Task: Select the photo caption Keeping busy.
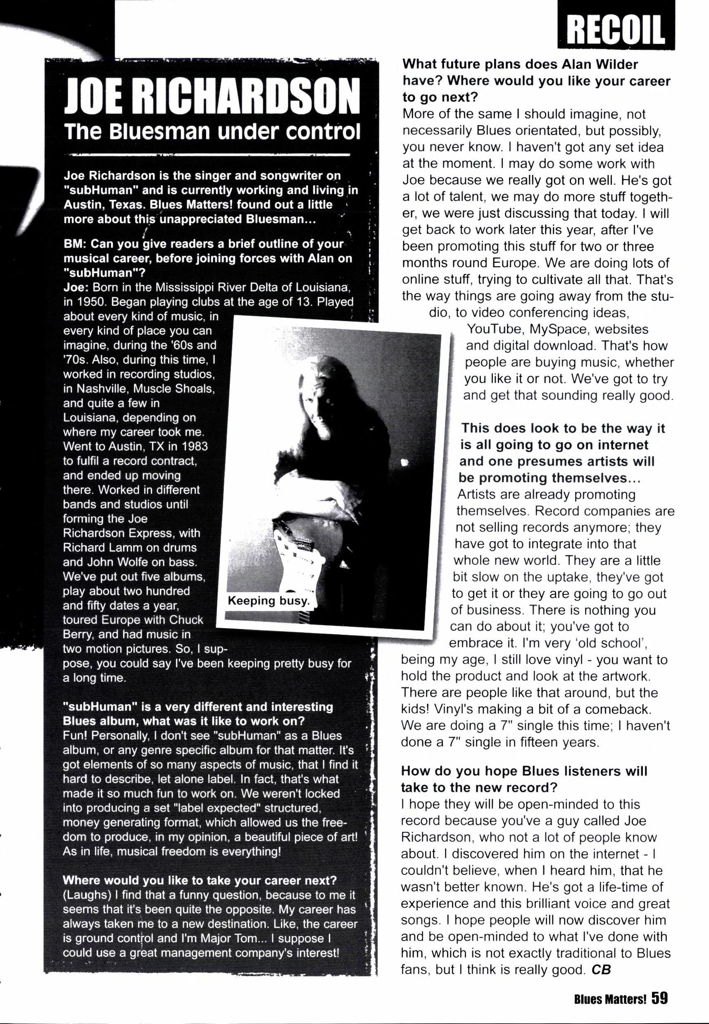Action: [268, 601]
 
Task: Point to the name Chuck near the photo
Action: [187, 620]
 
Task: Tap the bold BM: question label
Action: [75, 245]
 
